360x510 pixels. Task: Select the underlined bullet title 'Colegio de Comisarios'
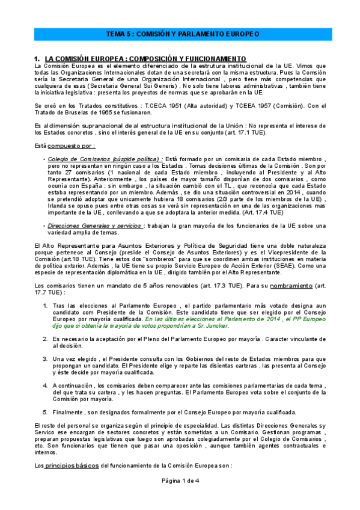point(75,159)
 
